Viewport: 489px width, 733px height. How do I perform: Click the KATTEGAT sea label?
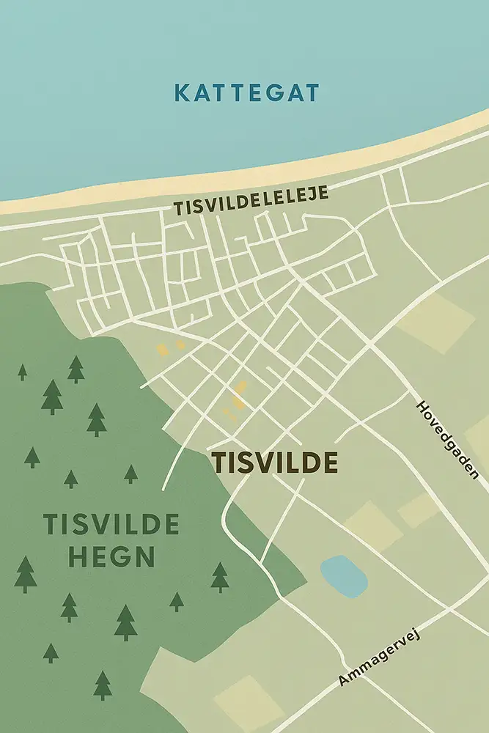coord(247,93)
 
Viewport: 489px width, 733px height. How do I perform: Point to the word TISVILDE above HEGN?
coord(111,525)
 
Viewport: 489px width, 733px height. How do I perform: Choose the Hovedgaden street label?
coord(446,439)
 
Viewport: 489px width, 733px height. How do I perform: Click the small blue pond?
coord(344,575)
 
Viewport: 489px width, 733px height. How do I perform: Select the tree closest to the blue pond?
coord(220,577)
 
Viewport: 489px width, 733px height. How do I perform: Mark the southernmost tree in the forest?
coord(103,685)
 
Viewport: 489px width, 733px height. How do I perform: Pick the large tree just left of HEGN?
coord(26,574)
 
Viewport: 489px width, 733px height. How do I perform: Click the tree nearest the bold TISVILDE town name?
coord(131,474)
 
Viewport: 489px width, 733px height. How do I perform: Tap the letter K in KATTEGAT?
coord(181,94)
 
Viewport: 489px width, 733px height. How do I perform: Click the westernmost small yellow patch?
coord(163,350)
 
